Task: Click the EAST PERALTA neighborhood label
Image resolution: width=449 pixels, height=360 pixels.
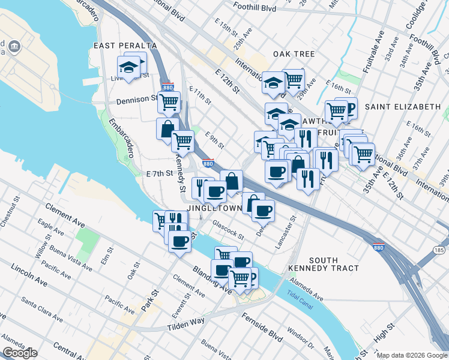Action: click(x=125, y=46)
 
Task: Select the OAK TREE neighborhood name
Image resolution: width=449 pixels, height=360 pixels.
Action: click(x=294, y=54)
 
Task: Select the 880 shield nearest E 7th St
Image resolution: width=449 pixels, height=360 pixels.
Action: click(x=208, y=163)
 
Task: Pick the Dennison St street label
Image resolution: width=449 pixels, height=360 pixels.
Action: click(x=137, y=100)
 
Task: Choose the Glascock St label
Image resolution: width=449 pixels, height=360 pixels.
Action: click(x=228, y=230)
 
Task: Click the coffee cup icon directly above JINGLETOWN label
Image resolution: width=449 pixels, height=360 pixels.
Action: click(x=215, y=191)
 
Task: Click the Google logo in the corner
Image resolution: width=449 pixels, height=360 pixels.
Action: click(x=20, y=353)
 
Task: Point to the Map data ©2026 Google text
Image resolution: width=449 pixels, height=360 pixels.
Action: click(x=411, y=355)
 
